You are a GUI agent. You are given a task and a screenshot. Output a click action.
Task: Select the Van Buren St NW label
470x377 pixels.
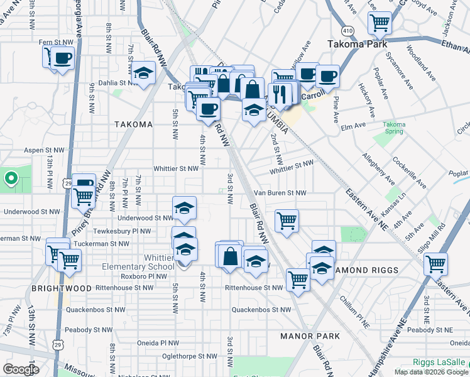tap(280, 193)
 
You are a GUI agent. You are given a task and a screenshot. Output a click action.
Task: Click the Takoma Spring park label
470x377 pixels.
tap(395, 128)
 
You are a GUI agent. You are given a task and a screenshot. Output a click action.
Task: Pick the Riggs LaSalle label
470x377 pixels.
tap(440, 362)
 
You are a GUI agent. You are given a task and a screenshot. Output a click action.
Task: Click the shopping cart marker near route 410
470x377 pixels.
tap(380, 23)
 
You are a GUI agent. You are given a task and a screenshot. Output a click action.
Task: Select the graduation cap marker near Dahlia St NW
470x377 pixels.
tap(143, 74)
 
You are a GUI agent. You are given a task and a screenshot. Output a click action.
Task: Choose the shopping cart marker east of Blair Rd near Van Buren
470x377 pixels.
tap(287, 221)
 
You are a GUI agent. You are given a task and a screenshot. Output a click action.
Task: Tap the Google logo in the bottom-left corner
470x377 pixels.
tap(20, 369)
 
